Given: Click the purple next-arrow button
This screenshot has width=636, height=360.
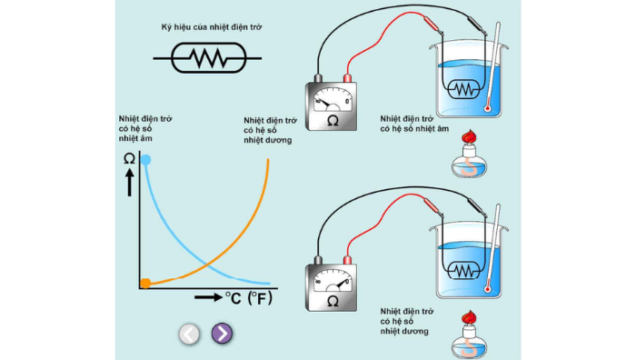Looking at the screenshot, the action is click(223, 334).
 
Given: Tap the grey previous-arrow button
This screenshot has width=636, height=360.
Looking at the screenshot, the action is click(189, 334).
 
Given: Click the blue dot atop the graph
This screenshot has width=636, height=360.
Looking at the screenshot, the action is click(145, 160).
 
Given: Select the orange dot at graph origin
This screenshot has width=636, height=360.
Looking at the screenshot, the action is click(145, 284).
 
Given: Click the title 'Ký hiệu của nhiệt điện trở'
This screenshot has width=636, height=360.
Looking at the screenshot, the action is click(212, 27).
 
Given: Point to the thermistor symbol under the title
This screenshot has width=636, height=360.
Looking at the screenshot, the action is click(208, 58).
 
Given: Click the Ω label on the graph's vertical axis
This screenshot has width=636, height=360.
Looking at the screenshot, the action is click(129, 159).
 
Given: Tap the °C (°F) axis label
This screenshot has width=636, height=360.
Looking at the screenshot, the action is click(249, 298).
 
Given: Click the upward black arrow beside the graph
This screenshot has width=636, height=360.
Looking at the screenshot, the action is click(129, 182).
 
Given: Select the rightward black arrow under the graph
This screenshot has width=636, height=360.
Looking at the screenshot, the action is click(208, 297).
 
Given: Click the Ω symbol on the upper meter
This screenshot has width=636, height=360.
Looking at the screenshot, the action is click(333, 121).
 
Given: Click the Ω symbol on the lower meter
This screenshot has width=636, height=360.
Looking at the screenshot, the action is click(333, 302).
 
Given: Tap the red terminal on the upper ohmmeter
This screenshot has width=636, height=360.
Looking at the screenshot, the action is click(347, 78).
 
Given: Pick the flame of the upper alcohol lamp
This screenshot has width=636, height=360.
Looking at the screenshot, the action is click(469, 136).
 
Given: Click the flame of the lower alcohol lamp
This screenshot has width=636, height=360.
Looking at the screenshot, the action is click(469, 317).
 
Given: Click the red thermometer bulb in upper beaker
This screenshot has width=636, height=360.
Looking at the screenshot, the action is click(487, 109).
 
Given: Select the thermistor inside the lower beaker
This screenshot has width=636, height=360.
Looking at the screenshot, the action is click(463, 270).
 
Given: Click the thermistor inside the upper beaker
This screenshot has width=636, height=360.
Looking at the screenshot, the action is click(463, 89).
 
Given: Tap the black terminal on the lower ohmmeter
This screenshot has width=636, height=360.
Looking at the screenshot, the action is click(318, 260).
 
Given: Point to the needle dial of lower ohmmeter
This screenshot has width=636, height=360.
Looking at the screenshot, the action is click(333, 281).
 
